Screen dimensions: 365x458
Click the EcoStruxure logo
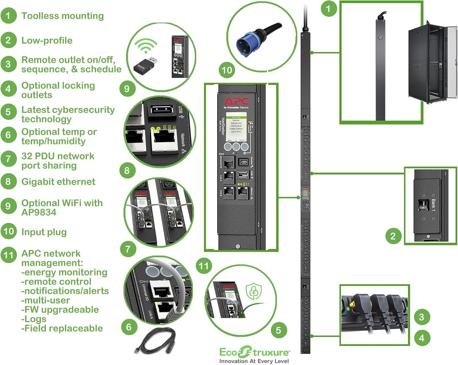pos(255,352)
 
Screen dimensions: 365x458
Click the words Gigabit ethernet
pos(58,182)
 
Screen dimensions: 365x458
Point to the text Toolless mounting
pos(62,16)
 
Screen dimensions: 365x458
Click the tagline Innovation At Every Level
pos(254,361)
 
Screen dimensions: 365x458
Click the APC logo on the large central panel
pos(235,102)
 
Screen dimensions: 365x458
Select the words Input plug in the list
pos(44,232)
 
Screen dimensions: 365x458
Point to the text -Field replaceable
pos(62,328)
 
